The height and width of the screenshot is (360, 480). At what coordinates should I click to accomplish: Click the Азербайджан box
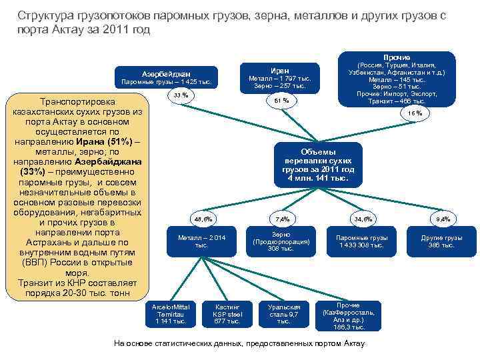click(x=165, y=77)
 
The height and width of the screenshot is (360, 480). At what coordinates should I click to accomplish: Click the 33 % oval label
click(x=180, y=96)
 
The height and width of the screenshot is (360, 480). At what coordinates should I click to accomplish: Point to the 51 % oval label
click(x=281, y=101)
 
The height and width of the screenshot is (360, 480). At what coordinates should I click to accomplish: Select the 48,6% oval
click(x=203, y=219)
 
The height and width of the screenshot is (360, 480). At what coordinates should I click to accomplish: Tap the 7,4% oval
click(x=281, y=219)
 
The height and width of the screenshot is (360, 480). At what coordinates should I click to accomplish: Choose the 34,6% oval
click(x=364, y=219)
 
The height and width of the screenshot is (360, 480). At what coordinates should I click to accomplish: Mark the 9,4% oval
click(x=443, y=219)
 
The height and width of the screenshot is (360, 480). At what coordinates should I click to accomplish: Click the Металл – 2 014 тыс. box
click(x=202, y=241)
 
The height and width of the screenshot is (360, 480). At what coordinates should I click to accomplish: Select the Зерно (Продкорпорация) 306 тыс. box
click(x=281, y=241)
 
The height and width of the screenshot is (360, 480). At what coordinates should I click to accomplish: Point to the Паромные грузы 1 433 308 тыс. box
click(x=360, y=241)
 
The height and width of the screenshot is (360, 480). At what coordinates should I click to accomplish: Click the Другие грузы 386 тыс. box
click(x=441, y=241)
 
